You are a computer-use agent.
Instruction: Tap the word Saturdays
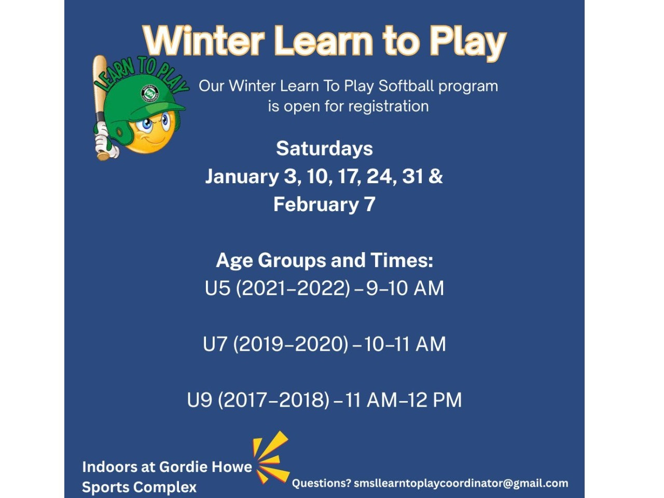(x=324, y=149)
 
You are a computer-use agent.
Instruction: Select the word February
(x=316, y=205)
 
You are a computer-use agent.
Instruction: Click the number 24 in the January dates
(x=380, y=176)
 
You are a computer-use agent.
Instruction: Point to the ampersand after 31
(x=436, y=176)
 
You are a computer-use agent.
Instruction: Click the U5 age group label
(x=217, y=287)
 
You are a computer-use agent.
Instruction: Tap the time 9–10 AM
(x=405, y=287)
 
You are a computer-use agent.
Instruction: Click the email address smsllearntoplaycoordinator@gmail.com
(x=461, y=483)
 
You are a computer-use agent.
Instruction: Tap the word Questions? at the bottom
(x=322, y=483)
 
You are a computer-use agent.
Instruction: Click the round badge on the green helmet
(x=150, y=93)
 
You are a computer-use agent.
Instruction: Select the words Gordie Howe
(x=205, y=467)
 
